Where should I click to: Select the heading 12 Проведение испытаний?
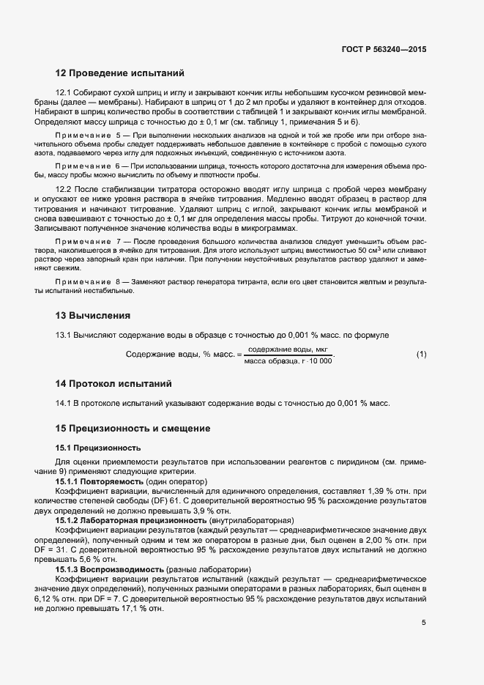[x=119, y=73]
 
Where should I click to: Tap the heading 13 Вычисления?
[x=93, y=316]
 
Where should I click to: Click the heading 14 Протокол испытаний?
[x=113, y=383]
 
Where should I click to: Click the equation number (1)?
[x=421, y=355]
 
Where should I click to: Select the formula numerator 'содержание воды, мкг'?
[x=286, y=349]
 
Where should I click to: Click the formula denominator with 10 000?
[x=288, y=360]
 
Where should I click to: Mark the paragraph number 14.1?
[x=64, y=403]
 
